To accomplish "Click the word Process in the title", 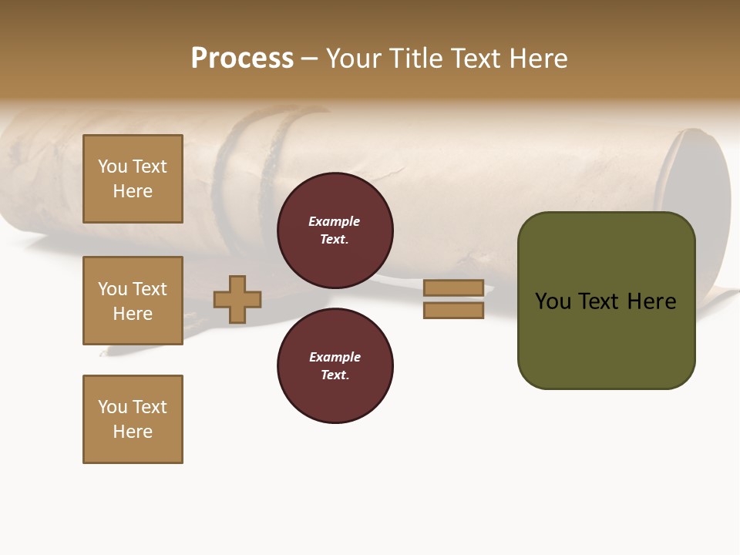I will [242, 59].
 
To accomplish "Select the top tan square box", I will [133, 179].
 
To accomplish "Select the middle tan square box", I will [133, 301].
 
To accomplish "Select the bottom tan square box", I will [133, 419].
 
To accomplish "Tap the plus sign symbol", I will [237, 299].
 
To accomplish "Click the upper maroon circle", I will [335, 230].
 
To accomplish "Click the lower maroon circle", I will [335, 365].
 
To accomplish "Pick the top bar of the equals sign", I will [453, 288].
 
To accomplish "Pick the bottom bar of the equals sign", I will [453, 310].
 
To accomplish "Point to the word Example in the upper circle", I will [335, 221].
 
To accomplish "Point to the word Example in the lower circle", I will [335, 357].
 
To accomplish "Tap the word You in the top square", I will [113, 166].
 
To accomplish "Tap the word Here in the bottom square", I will [133, 432].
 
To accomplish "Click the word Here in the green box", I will [651, 301].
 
